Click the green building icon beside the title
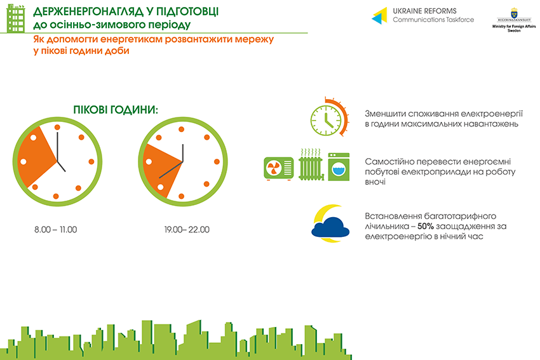tap(16, 18)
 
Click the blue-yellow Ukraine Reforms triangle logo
tap(379, 16)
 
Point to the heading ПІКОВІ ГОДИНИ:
tap(116, 110)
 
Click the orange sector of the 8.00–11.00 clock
tap(36, 157)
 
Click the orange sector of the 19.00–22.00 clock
tap(161, 170)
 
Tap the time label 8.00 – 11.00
tap(55, 230)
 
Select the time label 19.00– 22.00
tap(187, 230)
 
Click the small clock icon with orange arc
tap(329, 117)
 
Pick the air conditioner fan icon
tap(279, 169)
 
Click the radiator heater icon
tap(311, 165)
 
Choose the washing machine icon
tap(339, 167)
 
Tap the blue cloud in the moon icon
tap(330, 227)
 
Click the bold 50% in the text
tap(425, 226)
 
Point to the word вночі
tap(375, 182)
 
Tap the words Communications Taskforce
tap(433, 20)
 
